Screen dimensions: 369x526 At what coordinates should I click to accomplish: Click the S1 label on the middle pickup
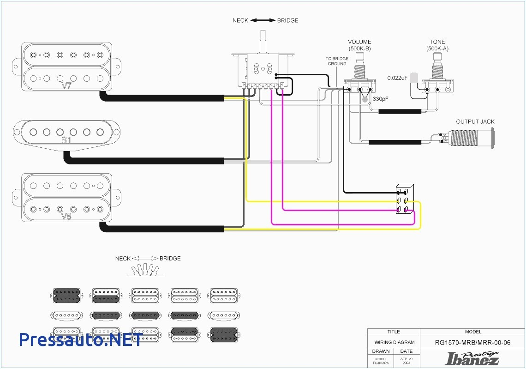pyautogui.click(x=67, y=139)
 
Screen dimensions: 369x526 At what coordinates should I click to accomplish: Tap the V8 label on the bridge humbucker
pyautogui.click(x=67, y=216)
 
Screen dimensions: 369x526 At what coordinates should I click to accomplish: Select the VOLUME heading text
pyautogui.click(x=359, y=42)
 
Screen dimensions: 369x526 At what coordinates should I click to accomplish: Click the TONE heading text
pyautogui.click(x=437, y=42)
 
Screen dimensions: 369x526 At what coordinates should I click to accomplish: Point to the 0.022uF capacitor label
pyautogui.click(x=397, y=78)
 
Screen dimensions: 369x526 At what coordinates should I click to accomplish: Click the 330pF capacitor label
pyautogui.click(x=381, y=99)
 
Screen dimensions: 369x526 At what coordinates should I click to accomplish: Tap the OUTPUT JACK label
pyautogui.click(x=475, y=121)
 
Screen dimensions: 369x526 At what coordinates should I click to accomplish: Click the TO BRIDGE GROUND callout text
pyautogui.click(x=337, y=61)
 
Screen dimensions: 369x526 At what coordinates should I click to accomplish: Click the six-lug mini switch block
pyautogui.click(x=404, y=200)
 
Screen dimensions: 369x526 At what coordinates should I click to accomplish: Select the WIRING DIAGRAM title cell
pyautogui.click(x=394, y=342)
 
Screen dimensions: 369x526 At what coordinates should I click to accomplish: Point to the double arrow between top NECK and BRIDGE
pyautogui.click(x=263, y=20)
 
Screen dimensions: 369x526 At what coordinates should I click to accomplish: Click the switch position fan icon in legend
pyautogui.click(x=145, y=270)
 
